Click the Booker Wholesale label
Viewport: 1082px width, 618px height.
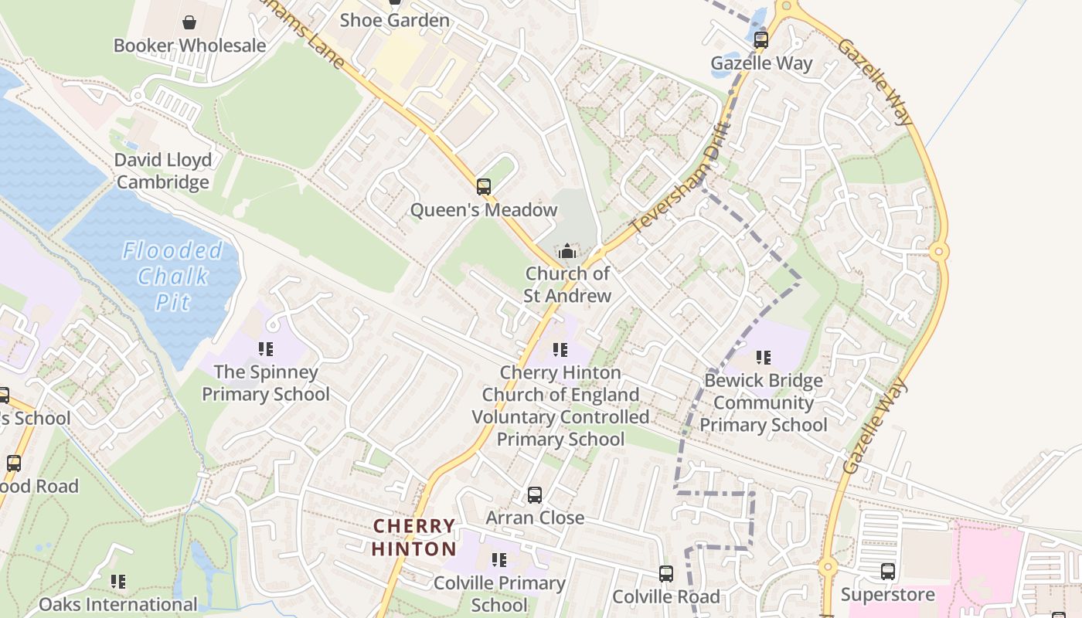coord(189,46)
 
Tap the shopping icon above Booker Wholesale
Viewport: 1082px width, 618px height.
coord(189,22)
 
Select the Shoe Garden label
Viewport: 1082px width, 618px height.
coord(394,20)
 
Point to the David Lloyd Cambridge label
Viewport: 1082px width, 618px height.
coord(162,171)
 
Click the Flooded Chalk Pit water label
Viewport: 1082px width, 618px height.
coord(172,276)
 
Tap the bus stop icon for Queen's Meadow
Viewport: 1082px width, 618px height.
coord(484,186)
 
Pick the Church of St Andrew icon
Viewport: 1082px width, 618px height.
coord(567,251)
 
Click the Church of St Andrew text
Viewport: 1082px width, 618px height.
coord(568,284)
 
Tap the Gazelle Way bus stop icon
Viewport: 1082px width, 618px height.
coord(761,39)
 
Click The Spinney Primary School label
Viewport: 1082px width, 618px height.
coord(266,383)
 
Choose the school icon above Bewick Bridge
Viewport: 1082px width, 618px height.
coord(764,358)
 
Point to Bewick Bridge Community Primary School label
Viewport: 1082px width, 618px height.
coord(763,402)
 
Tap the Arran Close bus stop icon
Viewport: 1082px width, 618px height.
coord(535,494)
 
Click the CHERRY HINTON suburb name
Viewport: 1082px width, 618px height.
coord(414,538)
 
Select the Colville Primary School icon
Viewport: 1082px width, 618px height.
coord(499,559)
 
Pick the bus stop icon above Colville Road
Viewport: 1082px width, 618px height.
coord(666,574)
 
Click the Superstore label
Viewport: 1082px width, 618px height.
coord(887,595)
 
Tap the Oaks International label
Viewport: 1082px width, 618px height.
coord(118,604)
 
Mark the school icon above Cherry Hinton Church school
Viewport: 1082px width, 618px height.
coord(560,350)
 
